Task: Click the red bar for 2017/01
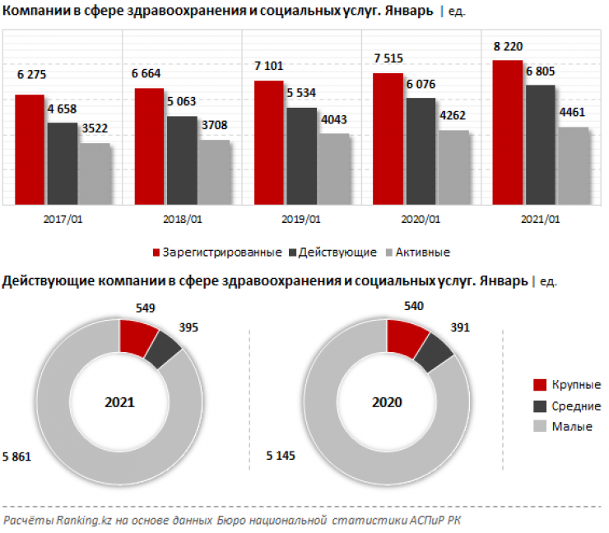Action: (x=30, y=149)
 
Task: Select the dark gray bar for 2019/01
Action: (x=302, y=155)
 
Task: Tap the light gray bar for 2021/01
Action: (x=574, y=165)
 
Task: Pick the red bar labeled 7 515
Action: (x=388, y=138)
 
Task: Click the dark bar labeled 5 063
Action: (x=182, y=160)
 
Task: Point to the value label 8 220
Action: (x=508, y=46)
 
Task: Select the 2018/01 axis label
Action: (x=184, y=220)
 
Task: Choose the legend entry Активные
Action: (x=421, y=252)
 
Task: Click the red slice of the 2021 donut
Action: (x=137, y=338)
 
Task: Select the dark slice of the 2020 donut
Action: (x=433, y=353)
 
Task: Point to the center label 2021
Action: (x=119, y=403)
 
